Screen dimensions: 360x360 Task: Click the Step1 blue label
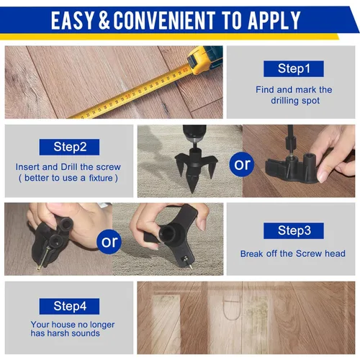(x=294, y=69)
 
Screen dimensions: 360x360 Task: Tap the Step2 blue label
(x=69, y=147)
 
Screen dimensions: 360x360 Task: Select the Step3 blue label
(x=294, y=230)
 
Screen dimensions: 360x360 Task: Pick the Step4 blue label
(x=69, y=306)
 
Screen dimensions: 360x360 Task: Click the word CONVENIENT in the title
(x=164, y=21)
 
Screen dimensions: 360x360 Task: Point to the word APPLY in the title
(x=274, y=21)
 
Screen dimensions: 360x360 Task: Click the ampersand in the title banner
(x=104, y=21)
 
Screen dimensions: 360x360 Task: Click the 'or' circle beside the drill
(x=242, y=164)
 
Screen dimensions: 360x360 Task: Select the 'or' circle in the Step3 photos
(x=109, y=242)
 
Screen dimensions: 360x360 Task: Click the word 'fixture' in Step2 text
(x=101, y=178)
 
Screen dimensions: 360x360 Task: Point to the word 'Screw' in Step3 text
(x=309, y=253)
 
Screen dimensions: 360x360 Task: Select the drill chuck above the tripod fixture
(x=194, y=135)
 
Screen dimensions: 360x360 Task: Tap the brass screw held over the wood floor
(x=44, y=258)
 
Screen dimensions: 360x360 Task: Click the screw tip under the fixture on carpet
(x=191, y=267)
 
